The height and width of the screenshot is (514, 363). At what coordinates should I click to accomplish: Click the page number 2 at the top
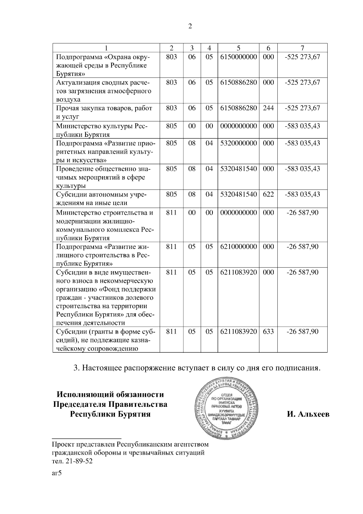(x=190, y=26)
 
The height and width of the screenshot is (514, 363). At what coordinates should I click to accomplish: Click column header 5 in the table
(x=238, y=48)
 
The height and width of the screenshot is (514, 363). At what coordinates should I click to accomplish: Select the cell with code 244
(x=268, y=108)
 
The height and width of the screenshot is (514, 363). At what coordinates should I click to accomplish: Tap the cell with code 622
(x=268, y=194)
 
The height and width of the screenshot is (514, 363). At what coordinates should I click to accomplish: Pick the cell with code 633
(x=268, y=331)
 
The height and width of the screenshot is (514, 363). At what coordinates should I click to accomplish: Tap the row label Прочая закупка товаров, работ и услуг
(x=104, y=112)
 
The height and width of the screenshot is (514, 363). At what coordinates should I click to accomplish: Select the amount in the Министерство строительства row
(x=302, y=213)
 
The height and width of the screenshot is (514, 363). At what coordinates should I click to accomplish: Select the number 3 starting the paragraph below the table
(x=76, y=368)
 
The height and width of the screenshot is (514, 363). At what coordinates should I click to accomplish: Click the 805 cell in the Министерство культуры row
(x=171, y=126)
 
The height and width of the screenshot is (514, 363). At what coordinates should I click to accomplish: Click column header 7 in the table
(x=302, y=48)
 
